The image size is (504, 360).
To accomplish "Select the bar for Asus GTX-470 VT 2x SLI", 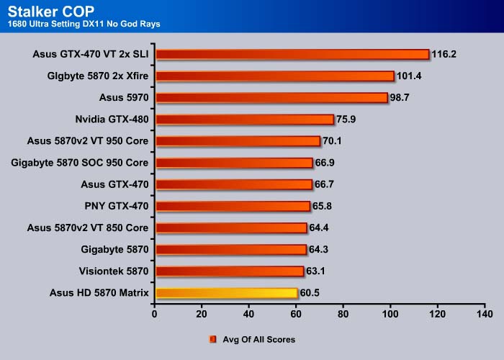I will (x=292, y=54).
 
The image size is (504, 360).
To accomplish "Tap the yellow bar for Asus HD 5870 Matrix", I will (x=225, y=293).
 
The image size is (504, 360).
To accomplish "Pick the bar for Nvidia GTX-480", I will (x=244, y=120).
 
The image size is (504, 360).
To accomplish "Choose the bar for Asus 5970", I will (x=271, y=97).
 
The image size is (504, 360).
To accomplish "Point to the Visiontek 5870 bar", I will (x=229, y=271).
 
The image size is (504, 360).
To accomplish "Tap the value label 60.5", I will (x=312, y=293).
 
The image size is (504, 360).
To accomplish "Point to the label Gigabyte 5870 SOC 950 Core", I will (x=80, y=163).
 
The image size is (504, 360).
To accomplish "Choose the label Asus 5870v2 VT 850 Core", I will (x=87, y=228).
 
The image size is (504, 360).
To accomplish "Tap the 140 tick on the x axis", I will (x=485, y=315).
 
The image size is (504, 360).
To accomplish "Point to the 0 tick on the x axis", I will (x=155, y=315).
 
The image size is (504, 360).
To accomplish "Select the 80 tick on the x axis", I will (x=343, y=315).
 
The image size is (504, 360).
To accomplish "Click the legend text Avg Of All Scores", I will (x=259, y=339).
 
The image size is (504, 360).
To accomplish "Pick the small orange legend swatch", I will (x=213, y=339).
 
